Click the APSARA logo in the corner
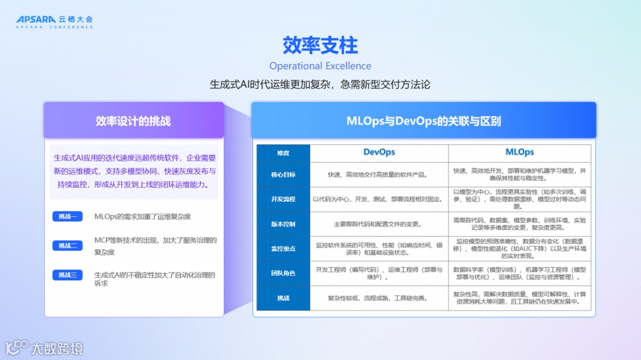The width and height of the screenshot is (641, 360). point(54,21)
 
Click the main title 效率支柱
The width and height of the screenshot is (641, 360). point(320,45)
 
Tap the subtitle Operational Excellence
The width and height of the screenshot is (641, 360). point(320,66)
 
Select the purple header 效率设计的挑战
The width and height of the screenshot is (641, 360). point(133,121)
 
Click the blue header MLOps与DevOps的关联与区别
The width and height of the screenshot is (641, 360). point(423,121)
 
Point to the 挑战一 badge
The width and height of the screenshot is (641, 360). point(67,216)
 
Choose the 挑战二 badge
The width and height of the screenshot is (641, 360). point(67,246)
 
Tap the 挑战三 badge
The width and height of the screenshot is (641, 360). point(67,275)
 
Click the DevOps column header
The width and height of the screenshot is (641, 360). point(379,152)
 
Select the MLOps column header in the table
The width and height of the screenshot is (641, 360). point(519,152)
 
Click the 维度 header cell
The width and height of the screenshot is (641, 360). point(283,153)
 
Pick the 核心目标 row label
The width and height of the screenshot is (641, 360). point(283,175)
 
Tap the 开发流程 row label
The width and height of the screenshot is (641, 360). point(283,199)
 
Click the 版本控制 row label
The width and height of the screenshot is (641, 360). point(283,224)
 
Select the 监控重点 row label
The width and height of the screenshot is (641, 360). point(283,249)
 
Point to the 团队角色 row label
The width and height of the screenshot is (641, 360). point(283,273)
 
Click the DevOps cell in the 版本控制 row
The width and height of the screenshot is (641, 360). point(379,224)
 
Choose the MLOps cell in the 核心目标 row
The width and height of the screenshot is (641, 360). point(519,174)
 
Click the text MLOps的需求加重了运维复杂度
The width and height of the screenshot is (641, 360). point(142,216)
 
